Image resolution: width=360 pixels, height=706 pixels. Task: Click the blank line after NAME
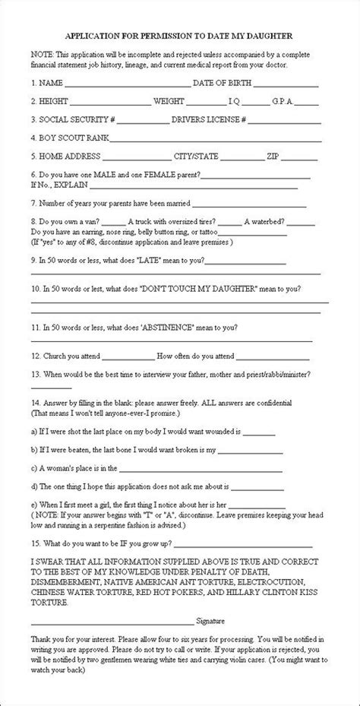[x=128, y=84]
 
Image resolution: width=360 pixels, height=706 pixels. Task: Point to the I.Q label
[x=237, y=100]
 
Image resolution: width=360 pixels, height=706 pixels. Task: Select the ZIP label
[x=273, y=157]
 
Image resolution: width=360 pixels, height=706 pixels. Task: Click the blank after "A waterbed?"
[x=301, y=223]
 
